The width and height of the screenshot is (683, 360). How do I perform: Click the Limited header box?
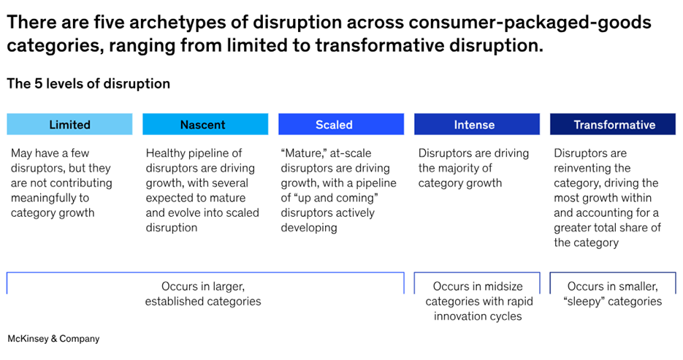pyautogui.click(x=69, y=124)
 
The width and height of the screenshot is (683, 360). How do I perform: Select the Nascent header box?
pyautogui.click(x=205, y=124)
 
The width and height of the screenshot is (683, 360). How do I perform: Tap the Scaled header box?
pyautogui.click(x=341, y=124)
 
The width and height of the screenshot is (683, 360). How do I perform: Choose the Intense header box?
pyautogui.click(x=477, y=124)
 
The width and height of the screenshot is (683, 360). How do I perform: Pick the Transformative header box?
pyautogui.click(x=613, y=124)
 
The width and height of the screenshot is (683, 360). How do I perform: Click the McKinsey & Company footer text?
pyautogui.click(x=53, y=339)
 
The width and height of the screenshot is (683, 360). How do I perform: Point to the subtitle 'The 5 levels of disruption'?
pyautogui.click(x=88, y=83)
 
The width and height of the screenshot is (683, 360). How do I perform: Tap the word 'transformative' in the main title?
pyautogui.click(x=379, y=45)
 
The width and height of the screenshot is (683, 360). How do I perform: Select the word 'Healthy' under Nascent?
pyautogui.click(x=166, y=153)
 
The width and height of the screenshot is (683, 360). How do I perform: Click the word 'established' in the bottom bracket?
pyautogui.click(x=173, y=302)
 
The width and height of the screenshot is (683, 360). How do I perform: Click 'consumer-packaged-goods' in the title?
pyautogui.click(x=530, y=23)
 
